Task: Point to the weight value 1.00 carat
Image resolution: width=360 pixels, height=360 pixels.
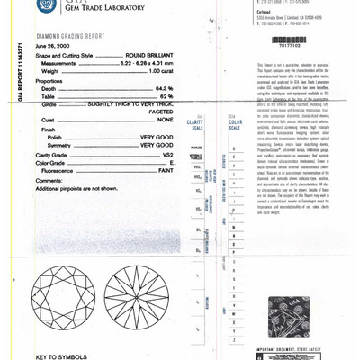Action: [x=158, y=70]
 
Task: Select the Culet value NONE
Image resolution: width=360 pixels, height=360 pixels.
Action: [x=165, y=120]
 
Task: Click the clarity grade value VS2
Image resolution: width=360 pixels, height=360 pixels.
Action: [x=167, y=154]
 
